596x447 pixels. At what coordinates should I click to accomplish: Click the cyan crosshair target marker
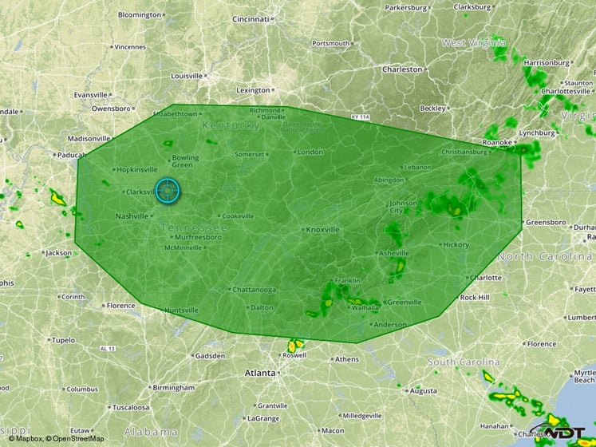point(168,190)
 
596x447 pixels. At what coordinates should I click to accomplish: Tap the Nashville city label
point(132,216)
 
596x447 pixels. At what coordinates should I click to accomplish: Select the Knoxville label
point(322,229)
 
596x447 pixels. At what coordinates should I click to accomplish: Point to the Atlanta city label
point(259,373)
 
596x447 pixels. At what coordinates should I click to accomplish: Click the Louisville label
point(187,76)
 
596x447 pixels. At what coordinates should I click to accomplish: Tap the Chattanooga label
point(254,289)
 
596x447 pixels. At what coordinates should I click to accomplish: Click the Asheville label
point(393,253)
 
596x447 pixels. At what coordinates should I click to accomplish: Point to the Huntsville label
point(181,310)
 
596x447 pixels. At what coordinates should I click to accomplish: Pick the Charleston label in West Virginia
point(402,69)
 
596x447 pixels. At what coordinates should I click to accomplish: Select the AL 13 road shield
point(109,349)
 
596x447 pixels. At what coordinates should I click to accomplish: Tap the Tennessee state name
point(195,228)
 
